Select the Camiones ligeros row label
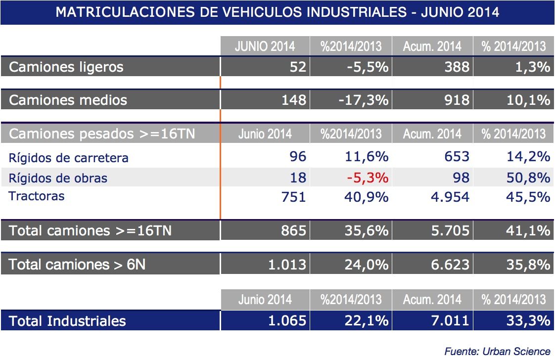(66, 67)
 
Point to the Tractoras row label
(37, 196)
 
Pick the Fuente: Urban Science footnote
(497, 351)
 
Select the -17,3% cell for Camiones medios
(364, 100)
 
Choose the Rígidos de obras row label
(58, 178)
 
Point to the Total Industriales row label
(67, 321)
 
